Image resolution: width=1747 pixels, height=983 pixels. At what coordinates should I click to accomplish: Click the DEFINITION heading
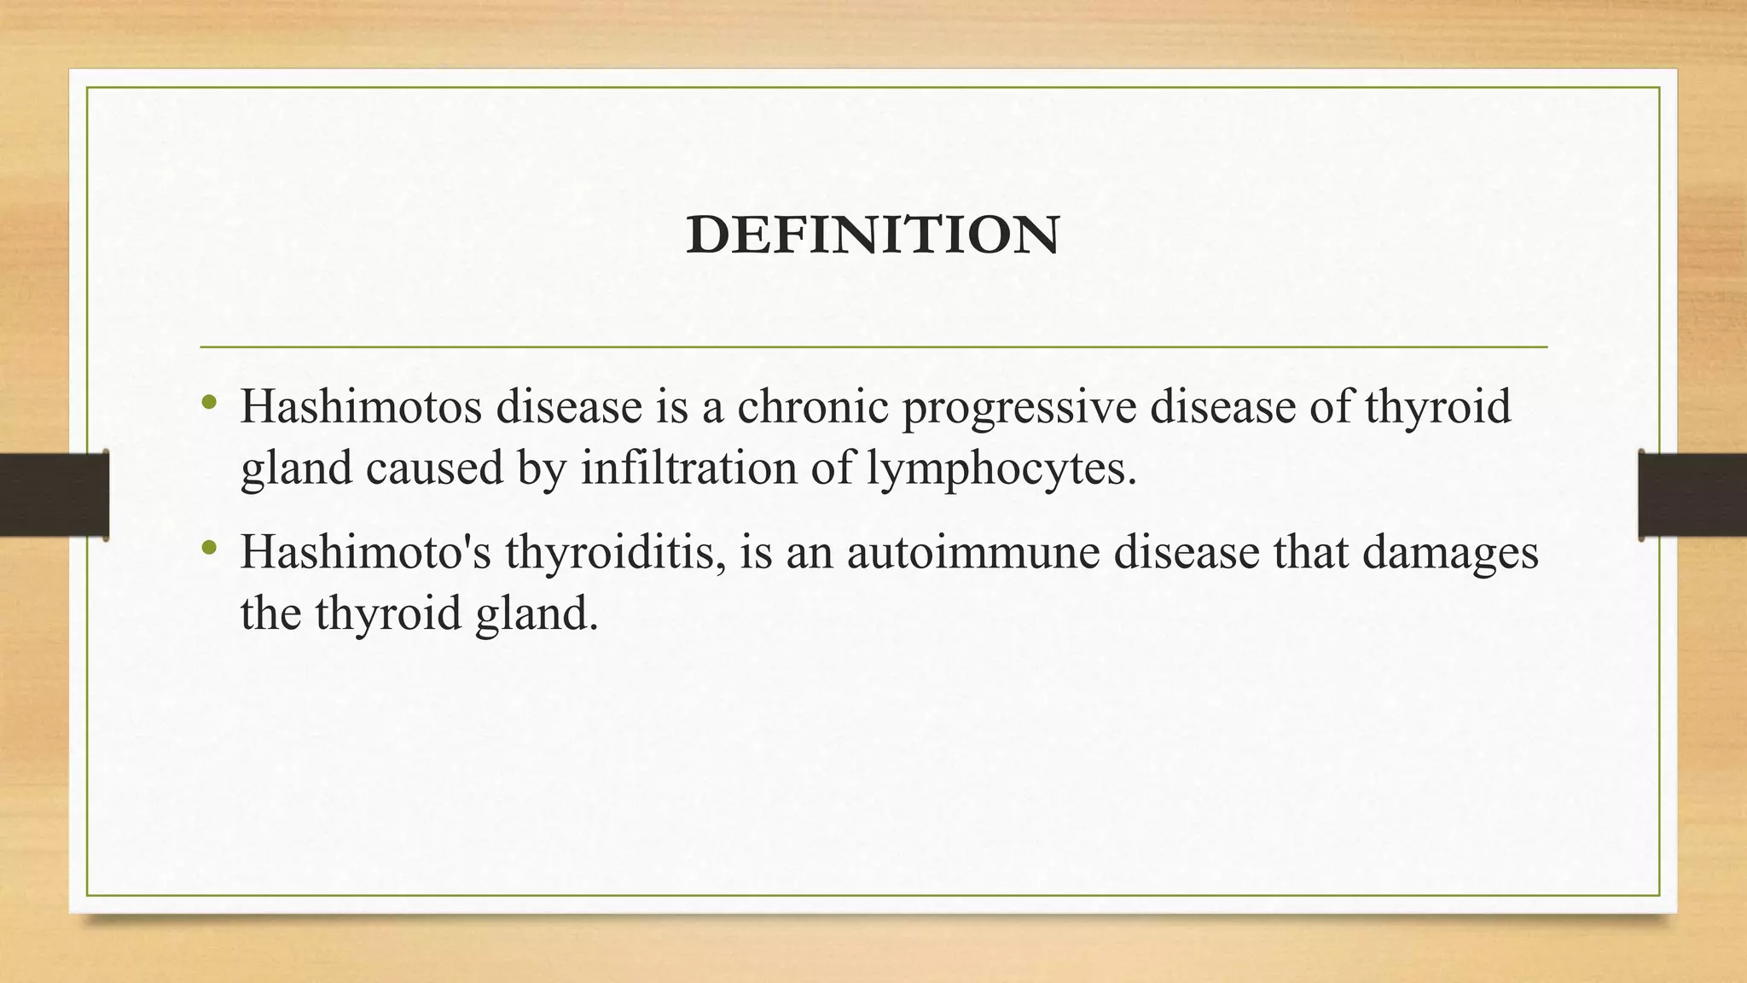point(873,236)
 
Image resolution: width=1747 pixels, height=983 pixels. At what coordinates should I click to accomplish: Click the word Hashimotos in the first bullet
point(362,406)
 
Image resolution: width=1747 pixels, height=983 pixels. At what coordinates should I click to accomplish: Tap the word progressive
point(1019,408)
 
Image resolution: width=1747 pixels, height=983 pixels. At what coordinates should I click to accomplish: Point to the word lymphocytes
point(1001,469)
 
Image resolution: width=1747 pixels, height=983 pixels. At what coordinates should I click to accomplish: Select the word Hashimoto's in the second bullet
point(366,551)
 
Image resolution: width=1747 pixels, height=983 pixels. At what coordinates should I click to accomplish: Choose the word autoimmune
point(973,552)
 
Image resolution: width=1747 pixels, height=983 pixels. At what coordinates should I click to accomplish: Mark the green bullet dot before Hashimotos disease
point(209,401)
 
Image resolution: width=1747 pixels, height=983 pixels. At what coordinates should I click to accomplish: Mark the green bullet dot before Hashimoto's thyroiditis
point(209,546)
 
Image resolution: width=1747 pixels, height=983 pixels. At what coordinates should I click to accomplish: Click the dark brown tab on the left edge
point(54,495)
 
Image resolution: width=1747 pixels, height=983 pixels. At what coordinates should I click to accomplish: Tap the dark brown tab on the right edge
point(1692,495)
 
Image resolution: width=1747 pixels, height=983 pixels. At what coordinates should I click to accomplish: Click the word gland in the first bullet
point(296,469)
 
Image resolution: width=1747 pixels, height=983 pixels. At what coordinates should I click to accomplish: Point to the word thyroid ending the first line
point(1437,406)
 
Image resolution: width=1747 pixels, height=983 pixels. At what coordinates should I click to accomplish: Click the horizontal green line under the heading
point(873,347)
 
